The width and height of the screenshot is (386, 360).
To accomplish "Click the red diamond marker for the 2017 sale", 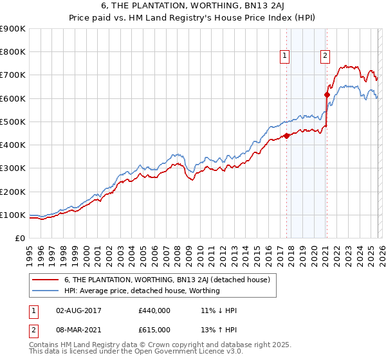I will [x=286, y=136].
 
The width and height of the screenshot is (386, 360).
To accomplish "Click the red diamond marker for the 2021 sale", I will [x=327, y=94].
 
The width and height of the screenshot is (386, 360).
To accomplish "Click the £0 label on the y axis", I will [x=19, y=239].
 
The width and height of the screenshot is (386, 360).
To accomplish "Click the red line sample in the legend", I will [x=46, y=280].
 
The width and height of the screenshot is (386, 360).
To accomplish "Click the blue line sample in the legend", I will [x=46, y=291].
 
